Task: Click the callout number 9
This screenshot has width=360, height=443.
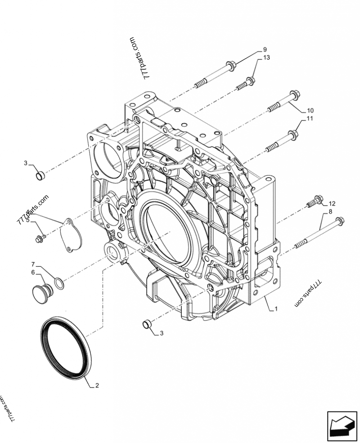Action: (x=265, y=49)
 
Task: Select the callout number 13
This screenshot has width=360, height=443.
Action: (x=266, y=58)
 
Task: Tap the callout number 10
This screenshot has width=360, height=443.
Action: (x=310, y=110)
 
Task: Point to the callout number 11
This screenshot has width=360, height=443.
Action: (x=310, y=119)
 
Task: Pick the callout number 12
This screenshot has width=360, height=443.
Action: (x=332, y=204)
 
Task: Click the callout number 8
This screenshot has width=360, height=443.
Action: (x=331, y=211)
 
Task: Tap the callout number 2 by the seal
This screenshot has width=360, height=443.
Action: (x=97, y=385)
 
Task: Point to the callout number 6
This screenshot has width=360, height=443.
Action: (x=33, y=272)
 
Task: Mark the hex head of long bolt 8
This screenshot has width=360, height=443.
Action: (x=340, y=221)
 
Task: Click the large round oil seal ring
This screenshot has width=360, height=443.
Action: (x=66, y=349)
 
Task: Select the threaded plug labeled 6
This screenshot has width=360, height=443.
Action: (x=43, y=293)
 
